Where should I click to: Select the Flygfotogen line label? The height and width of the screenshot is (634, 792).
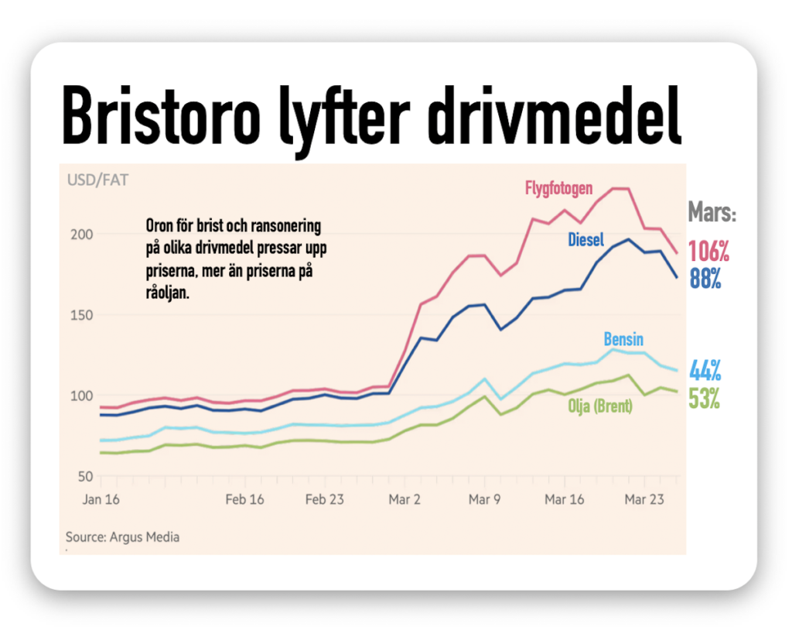coord(559,188)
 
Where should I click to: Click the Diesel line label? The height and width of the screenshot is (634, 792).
coord(585,239)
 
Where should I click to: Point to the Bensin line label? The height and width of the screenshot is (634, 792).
coord(623,340)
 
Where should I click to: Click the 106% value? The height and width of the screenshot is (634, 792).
coord(709,252)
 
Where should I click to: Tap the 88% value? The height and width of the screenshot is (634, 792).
coord(705,278)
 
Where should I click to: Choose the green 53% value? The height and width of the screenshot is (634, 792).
coord(705,399)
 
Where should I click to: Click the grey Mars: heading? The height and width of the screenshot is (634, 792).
coord(712,214)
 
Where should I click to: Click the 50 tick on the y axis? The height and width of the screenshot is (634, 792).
coord(87,476)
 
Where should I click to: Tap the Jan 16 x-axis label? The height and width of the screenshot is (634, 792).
coord(101,499)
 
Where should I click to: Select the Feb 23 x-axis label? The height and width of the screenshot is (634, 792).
coord(325,499)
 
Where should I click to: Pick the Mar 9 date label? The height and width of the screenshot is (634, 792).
coord(486,499)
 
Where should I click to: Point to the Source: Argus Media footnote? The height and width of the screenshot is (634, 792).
coord(122,536)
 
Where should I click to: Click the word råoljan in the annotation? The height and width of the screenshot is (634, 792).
coord(167,293)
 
